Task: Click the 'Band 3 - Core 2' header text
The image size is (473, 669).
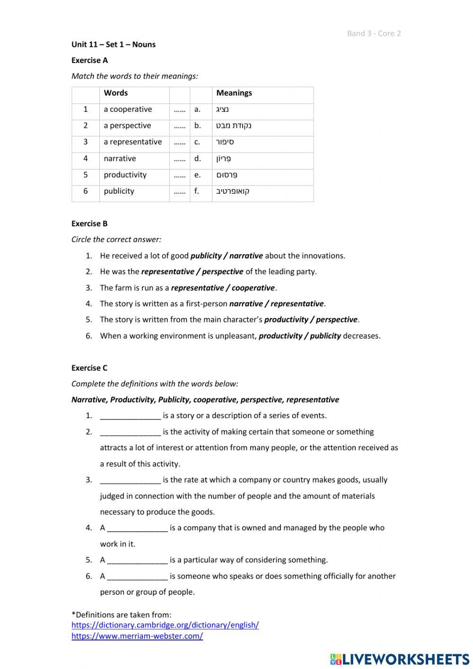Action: [374, 33]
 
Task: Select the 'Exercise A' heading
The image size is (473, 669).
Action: [89, 60]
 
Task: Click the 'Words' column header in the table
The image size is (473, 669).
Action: [115, 93]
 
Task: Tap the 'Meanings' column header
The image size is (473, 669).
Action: [234, 93]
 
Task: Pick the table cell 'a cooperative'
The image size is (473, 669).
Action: [128, 109]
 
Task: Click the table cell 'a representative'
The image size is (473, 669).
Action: [132, 142]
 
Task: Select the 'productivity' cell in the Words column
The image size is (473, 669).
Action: [125, 175]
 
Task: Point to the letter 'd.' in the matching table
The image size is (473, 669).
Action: [197, 159]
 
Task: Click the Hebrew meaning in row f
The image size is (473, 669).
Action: [233, 191]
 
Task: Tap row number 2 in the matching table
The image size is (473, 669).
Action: [86, 125]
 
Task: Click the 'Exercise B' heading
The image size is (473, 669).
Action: [89, 223]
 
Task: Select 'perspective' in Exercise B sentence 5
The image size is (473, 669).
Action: [336, 320]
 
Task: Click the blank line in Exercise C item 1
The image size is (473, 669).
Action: [130, 416]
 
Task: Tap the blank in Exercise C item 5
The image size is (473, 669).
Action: [137, 560]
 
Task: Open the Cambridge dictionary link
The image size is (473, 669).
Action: [165, 625]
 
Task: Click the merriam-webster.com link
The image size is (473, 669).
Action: [137, 636]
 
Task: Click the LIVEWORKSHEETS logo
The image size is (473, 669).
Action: [399, 659]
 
